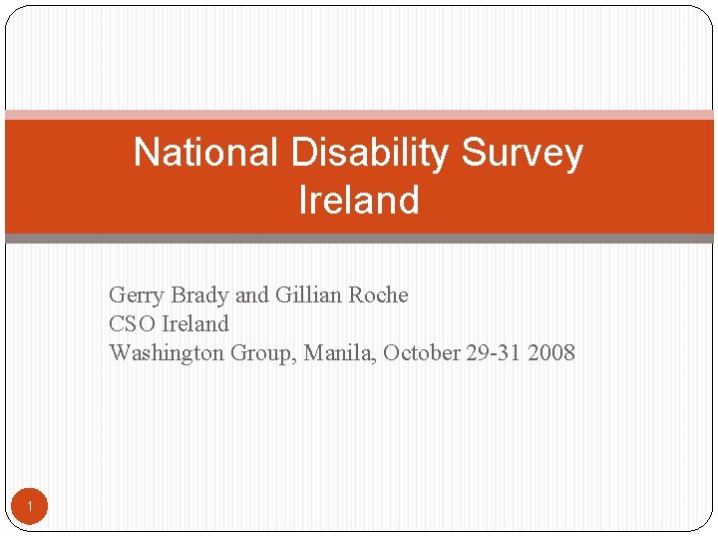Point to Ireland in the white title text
pyautogui.click(x=359, y=200)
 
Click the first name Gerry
pyautogui.click(x=137, y=295)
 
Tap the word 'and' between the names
pyautogui.click(x=251, y=295)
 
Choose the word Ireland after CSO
pyautogui.click(x=195, y=324)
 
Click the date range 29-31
pyautogui.click(x=496, y=353)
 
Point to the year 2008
pyautogui.click(x=553, y=353)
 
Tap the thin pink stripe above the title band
pyautogui.click(x=359, y=115)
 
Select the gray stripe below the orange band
pyautogui.click(x=359, y=239)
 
